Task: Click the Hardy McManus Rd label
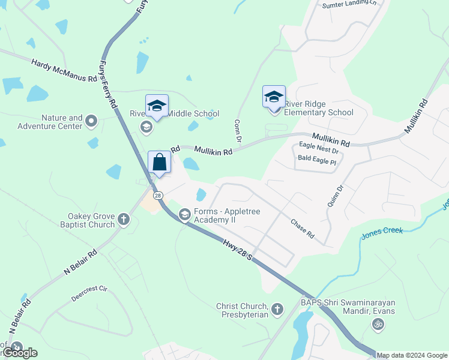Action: (x=64, y=70)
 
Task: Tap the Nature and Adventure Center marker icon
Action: (x=91, y=122)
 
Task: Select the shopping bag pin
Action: (x=160, y=163)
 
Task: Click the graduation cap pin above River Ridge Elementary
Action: (x=274, y=97)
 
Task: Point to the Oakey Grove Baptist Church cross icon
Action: (x=124, y=219)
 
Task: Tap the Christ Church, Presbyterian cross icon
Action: (x=277, y=310)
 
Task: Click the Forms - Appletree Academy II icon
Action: (x=185, y=214)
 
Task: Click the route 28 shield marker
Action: (x=157, y=195)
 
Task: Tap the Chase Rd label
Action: (x=302, y=228)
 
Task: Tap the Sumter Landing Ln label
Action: (x=352, y=4)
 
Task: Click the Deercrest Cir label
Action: (x=89, y=293)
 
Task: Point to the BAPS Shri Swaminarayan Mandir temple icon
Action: (x=378, y=325)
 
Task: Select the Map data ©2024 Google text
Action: (x=412, y=355)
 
